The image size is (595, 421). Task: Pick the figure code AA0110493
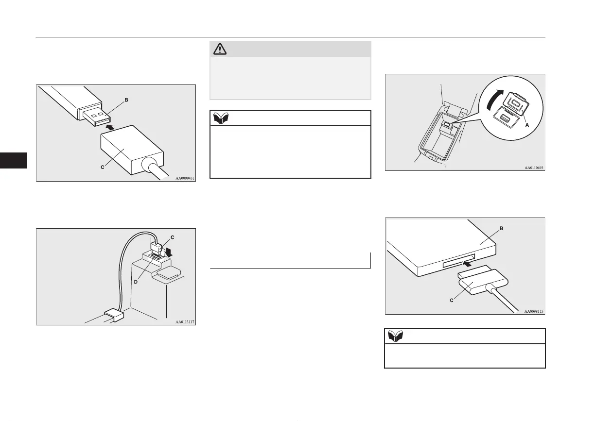[533, 168]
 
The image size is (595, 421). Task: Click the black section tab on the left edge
[14, 160]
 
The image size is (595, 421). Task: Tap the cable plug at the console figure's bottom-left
[113, 315]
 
